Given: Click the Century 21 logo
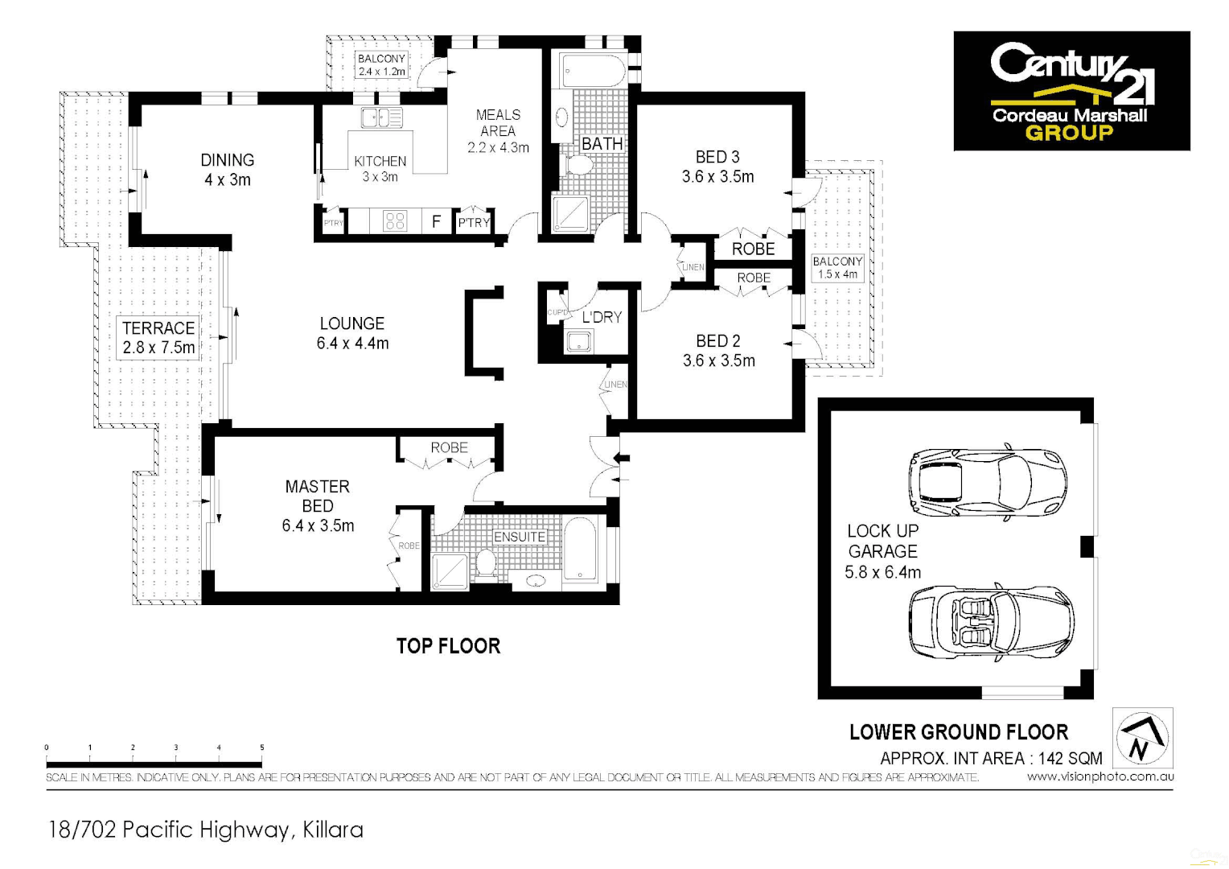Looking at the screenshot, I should click(1071, 91).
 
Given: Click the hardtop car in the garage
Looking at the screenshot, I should click(988, 483).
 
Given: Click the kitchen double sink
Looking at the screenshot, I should click(382, 118).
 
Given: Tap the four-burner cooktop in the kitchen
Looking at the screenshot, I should click(395, 220).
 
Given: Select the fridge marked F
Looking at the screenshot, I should click(436, 220).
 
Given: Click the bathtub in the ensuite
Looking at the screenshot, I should click(580, 550).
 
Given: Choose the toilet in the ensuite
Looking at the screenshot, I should click(485, 562).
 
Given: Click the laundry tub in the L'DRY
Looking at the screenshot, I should click(578, 342).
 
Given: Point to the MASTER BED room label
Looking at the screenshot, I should click(318, 506).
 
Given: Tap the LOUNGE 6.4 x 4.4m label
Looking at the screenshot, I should click(352, 333).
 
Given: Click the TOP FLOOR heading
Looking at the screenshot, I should click(448, 646).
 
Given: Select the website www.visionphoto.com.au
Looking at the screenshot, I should click(1100, 777).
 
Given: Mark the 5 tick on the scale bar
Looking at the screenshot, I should click(261, 748).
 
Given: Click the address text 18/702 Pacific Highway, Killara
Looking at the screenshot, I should click(206, 830).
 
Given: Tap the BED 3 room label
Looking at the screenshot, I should click(717, 167).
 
